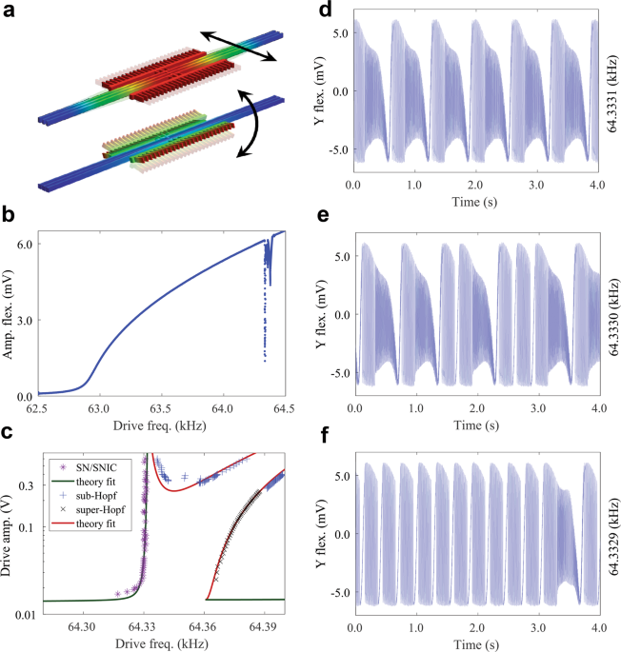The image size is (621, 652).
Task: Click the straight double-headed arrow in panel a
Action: (238, 46)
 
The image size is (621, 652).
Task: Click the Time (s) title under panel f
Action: (475, 642)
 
